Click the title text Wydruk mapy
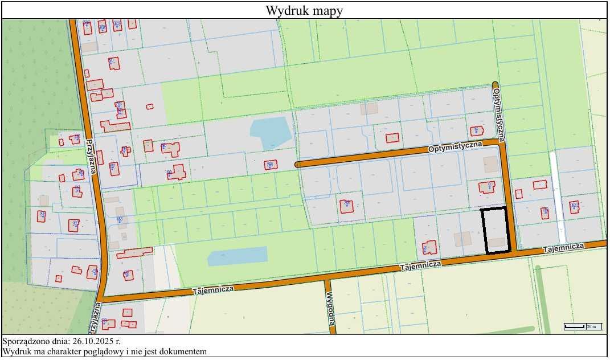pos(304,10)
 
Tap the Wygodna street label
pos(330,312)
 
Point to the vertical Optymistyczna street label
pos(500,114)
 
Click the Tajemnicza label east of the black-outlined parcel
pos(563,248)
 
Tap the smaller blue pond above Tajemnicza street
pos(237,256)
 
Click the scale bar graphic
pos(575,326)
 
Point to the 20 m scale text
pos(592,326)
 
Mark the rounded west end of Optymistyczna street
pos(298,164)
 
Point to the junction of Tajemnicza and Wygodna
pos(327,276)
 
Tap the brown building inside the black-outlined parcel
pos(497,242)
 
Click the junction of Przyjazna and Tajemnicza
pos(103,297)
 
